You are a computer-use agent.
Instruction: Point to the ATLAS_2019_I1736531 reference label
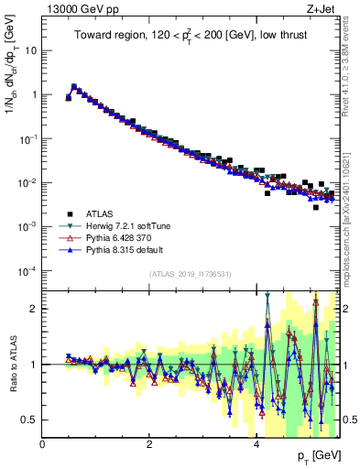pos(190,274)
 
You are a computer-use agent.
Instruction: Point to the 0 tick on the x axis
pos(43,444)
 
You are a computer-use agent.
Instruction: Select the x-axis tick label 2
pos(149,444)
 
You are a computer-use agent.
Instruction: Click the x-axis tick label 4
pos(256,444)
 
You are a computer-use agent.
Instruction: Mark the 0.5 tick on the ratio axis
pos(29,420)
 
